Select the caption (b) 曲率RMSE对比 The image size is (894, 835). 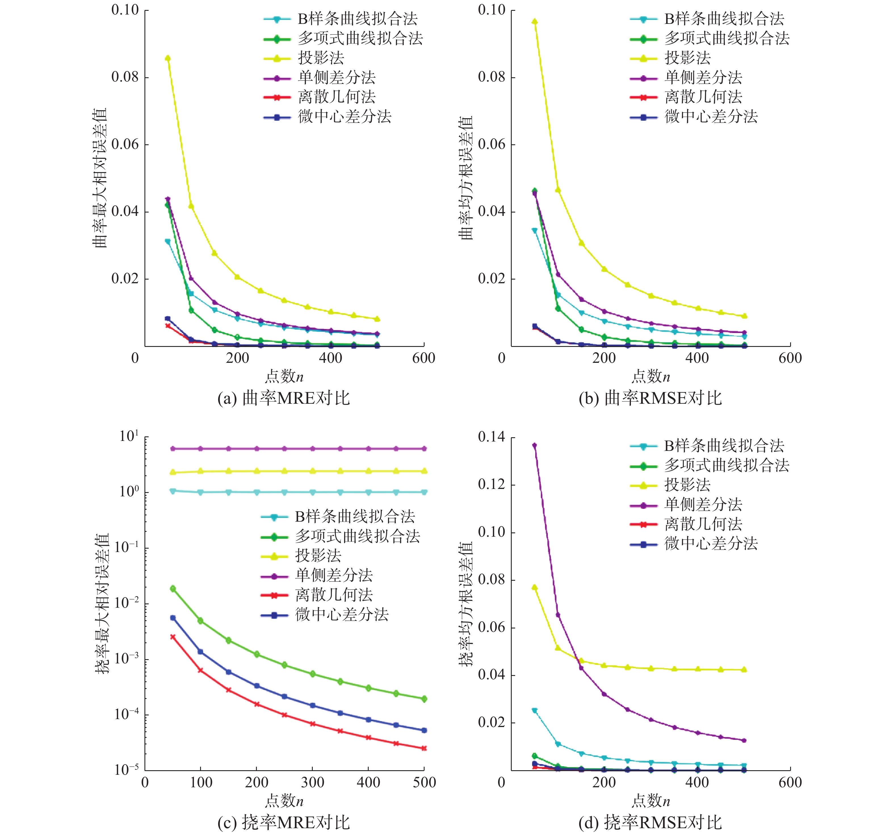tap(650, 398)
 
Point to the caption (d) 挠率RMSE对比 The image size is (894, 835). tap(650, 822)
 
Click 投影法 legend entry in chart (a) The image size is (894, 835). tap(321, 58)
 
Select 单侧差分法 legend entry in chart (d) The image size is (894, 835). tap(703, 504)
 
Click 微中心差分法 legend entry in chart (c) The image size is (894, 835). tap(342, 615)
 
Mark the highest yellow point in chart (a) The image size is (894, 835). tap(168, 58)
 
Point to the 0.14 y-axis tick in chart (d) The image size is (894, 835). tap(492, 437)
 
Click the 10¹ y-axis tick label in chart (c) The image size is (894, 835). tap(129, 436)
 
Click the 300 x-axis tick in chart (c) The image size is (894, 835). tap(312, 782)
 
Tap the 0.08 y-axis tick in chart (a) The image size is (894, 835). tap(125, 77)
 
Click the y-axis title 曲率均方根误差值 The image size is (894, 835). tap(466, 178)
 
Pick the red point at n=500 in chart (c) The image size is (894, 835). tap(424, 748)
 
